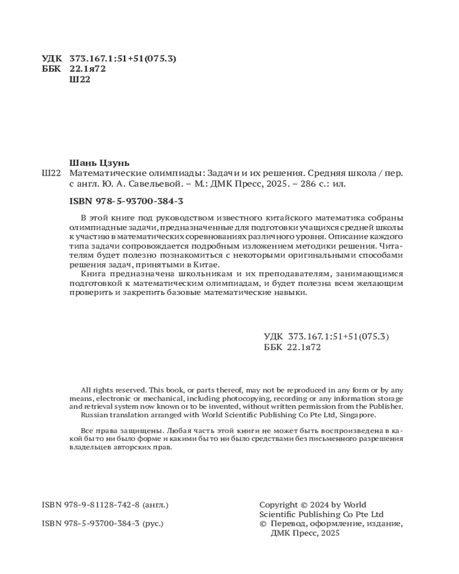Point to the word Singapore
click(357, 414)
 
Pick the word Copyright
click(279, 505)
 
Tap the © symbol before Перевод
click(263, 523)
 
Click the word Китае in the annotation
click(207, 265)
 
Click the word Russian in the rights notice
click(95, 414)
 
